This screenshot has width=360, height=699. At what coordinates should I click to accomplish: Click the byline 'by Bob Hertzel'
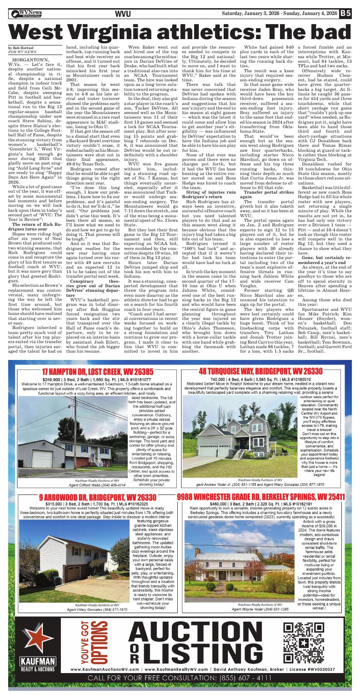[22, 48]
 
